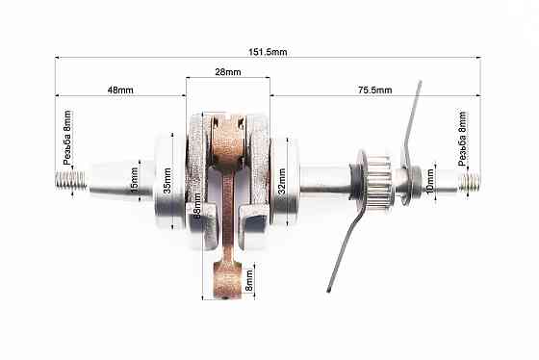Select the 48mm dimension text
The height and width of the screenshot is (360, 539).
click(118, 90)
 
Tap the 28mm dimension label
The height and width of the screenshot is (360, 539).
click(228, 73)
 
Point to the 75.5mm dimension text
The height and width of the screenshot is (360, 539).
click(374, 90)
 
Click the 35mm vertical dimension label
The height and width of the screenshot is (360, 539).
click(167, 180)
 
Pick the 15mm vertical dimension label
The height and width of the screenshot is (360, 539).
click(136, 178)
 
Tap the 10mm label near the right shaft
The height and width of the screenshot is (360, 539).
click(429, 180)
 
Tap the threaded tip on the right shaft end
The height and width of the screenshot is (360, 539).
click(469, 180)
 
